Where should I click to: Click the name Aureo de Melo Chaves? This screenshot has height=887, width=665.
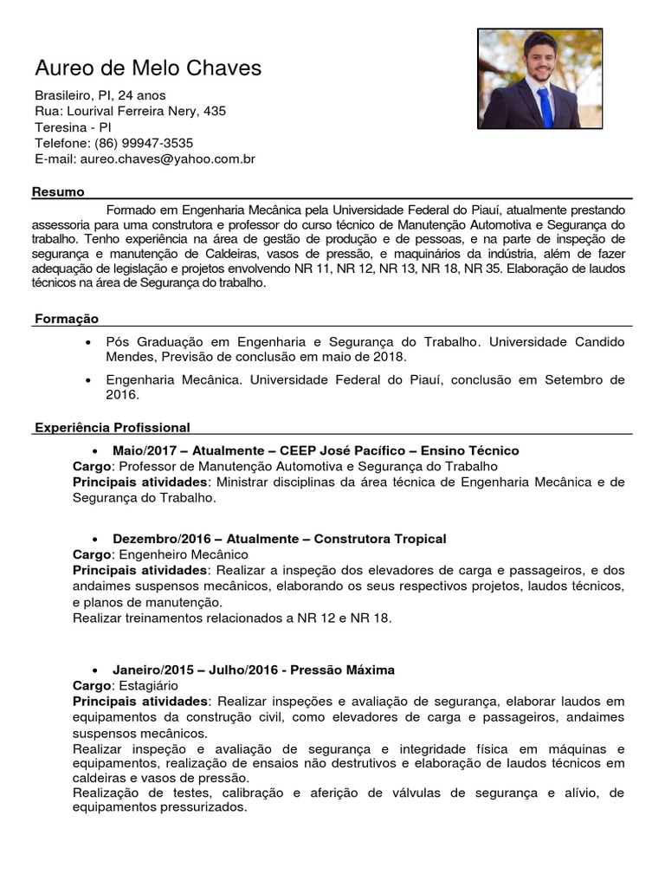pyautogui.click(x=148, y=68)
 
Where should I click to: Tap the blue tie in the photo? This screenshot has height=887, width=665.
pyautogui.click(x=544, y=107)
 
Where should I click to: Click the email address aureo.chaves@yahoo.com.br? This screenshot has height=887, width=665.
pyautogui.click(x=166, y=159)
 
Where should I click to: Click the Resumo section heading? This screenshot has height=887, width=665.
pyautogui.click(x=58, y=191)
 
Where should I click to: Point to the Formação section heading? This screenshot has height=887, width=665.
pyautogui.click(x=67, y=319)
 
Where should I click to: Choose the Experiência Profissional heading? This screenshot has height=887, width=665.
pyautogui.click(x=112, y=427)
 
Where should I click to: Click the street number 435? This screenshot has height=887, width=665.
pyautogui.click(x=215, y=111)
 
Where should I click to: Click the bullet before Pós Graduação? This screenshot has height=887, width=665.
pyautogui.click(x=90, y=342)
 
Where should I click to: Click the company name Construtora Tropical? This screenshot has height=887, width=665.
pyautogui.click(x=380, y=539)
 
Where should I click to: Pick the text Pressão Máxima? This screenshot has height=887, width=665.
pyautogui.click(x=342, y=670)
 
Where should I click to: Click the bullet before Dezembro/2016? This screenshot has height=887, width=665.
pyautogui.click(x=96, y=540)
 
